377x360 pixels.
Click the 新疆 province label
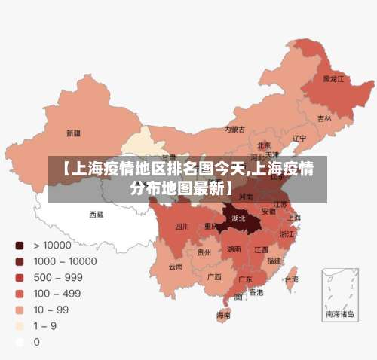pos(73,133)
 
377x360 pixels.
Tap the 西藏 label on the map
pos(97,214)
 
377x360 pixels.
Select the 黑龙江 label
pos(333,78)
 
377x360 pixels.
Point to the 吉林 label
pos(324,118)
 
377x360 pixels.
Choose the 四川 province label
pos(182,226)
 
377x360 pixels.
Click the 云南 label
pos(176,266)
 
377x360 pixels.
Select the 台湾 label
pos(291,279)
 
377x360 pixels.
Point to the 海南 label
pos(224,315)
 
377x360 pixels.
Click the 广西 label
pos(214,276)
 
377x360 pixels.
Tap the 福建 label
pos(274,260)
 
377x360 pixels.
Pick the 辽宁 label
pos(299,139)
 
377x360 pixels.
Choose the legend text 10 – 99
pos(51,310)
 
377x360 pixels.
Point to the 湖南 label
pos(234,249)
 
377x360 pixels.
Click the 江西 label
pos(261,249)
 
